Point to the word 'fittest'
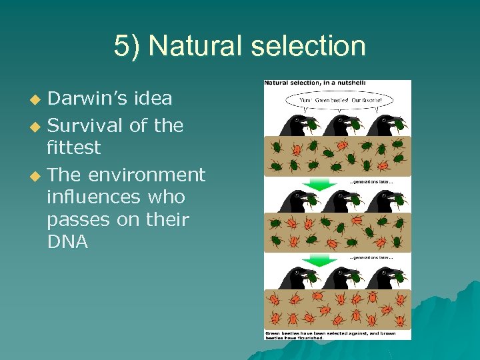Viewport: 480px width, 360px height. (x=74, y=147)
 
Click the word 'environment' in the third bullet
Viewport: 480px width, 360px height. (x=147, y=175)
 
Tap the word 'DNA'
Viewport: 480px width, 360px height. (x=68, y=242)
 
